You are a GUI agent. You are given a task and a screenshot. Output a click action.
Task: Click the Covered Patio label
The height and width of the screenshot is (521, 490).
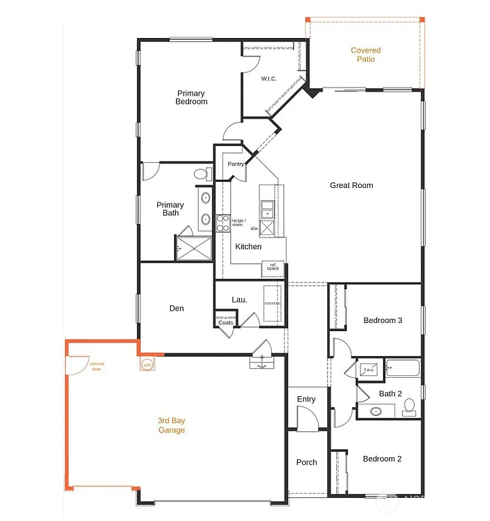point(365,55)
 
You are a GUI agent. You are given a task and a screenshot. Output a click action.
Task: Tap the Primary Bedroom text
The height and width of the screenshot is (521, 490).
point(192,98)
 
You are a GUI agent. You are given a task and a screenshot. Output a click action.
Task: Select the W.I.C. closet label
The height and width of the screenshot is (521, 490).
point(269,79)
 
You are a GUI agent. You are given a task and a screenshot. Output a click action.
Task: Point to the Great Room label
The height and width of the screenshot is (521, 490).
point(351,185)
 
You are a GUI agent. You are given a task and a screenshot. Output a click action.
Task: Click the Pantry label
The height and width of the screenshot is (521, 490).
point(236,164)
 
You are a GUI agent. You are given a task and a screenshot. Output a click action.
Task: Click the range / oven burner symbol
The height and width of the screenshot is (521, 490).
point(223,223)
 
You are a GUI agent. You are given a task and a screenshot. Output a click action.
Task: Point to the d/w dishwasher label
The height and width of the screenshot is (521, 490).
point(253,229)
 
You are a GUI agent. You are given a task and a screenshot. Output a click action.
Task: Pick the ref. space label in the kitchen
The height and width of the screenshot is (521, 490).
point(272,267)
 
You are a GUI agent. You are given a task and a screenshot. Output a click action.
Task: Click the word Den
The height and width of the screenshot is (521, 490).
point(176,309)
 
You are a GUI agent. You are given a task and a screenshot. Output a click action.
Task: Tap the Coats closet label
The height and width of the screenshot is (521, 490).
point(226,322)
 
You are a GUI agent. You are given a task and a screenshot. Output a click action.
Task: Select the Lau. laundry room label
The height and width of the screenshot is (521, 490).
point(239,299)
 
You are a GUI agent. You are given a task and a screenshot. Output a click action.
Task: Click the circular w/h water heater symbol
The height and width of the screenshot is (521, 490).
point(147,365)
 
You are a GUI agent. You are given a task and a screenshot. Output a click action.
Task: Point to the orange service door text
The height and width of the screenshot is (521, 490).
point(97,366)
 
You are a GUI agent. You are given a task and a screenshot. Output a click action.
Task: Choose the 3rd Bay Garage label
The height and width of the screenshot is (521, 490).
point(171,425)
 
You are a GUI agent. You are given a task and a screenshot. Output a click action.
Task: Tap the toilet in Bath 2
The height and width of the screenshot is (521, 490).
point(409,407)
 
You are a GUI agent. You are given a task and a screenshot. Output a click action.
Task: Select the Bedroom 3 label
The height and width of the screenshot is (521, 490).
point(383,320)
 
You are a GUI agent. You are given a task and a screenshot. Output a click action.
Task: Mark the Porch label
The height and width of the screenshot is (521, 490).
point(306,463)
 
